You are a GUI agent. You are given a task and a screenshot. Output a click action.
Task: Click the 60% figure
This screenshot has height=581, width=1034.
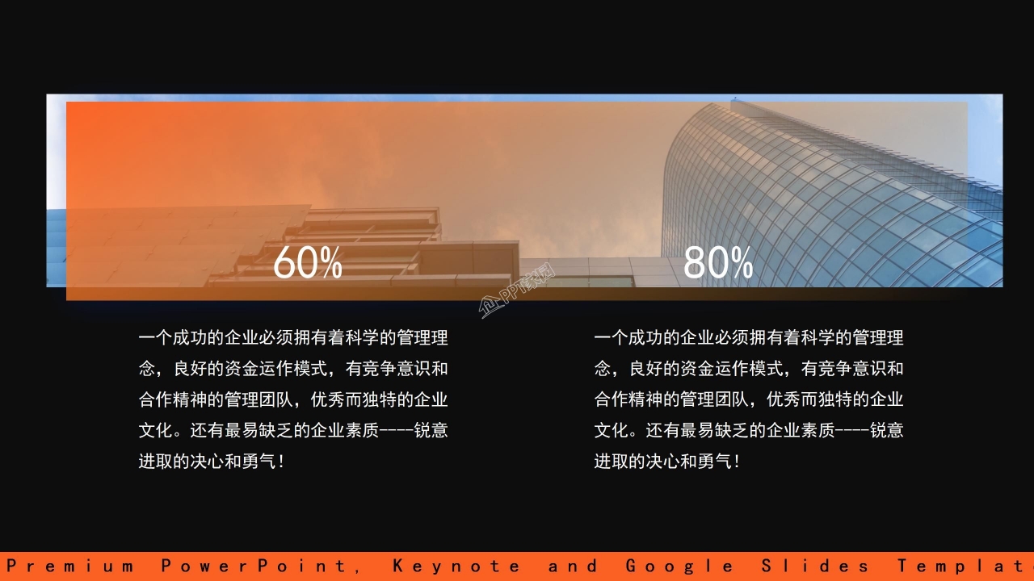pyautogui.click(x=307, y=263)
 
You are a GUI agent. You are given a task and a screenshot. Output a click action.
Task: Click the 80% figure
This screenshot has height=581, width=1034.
pyautogui.click(x=718, y=263)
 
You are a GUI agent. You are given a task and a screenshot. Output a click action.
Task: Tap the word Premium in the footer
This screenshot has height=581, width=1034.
pyautogui.click(x=70, y=566)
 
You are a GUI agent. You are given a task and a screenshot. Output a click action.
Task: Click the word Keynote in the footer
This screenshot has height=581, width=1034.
pyautogui.click(x=457, y=566)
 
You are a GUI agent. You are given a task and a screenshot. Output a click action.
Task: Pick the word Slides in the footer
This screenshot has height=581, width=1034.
pyautogui.click(x=816, y=566)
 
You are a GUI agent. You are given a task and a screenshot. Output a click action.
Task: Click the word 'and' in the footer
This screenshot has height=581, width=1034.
pyautogui.click(x=574, y=566)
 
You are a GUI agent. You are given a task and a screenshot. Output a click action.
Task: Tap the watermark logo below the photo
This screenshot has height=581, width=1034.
pyautogui.click(x=517, y=293)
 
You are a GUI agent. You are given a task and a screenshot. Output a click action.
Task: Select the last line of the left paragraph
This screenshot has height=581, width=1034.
pyautogui.click(x=212, y=462)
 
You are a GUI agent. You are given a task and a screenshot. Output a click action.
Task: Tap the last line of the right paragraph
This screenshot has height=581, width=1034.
pyautogui.click(x=667, y=462)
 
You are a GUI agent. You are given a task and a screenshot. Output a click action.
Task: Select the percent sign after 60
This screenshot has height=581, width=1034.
pyautogui.click(x=330, y=264)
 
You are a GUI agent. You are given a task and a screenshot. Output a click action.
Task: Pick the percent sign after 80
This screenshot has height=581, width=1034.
pyautogui.click(x=742, y=264)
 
